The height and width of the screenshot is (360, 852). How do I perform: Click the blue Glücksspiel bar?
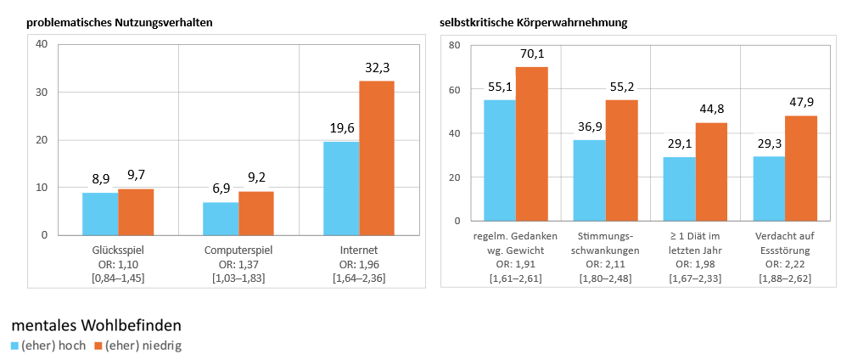click(x=100, y=213)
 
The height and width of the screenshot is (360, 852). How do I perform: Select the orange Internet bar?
click(x=377, y=158)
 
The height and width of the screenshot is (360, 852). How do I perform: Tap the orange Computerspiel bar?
click(x=256, y=212)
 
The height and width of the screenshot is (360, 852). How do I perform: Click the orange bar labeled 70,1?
click(x=532, y=143)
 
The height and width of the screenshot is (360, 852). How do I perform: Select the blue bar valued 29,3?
click(x=769, y=188)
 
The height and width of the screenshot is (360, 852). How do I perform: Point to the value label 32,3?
click(x=376, y=67)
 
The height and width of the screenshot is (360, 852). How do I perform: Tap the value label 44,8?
click(x=711, y=109)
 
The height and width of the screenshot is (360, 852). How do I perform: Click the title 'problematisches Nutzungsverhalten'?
click(x=119, y=22)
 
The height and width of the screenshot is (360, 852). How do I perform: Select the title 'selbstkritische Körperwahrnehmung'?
click(x=534, y=22)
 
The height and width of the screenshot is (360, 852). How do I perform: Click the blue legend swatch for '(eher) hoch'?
click(x=14, y=346)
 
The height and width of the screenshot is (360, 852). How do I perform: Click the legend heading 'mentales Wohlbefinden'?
click(x=96, y=325)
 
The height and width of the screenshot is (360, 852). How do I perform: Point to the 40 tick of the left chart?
click(x=40, y=44)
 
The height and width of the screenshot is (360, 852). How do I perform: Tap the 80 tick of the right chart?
click(x=454, y=45)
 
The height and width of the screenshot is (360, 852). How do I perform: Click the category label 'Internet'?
click(x=358, y=250)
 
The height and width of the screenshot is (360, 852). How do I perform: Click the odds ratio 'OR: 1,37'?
click(x=238, y=265)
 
